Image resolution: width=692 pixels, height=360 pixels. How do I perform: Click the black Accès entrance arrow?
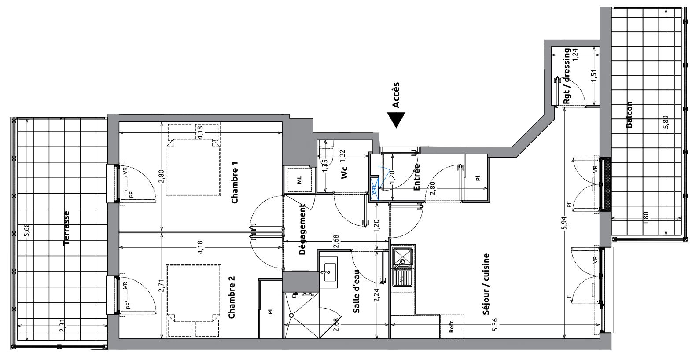coord(396,120)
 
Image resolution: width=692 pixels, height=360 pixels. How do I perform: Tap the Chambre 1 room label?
coord(235,183)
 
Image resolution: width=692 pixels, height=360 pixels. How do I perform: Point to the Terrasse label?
coord(66,228)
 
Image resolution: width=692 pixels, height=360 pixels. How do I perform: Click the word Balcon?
coord(629,114)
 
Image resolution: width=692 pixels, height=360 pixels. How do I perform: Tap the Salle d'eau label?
coord(356,291)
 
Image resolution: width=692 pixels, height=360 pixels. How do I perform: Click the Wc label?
coord(344,173)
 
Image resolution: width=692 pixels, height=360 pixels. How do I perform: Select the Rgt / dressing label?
coord(567,76)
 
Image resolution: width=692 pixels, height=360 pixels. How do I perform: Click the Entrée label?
coord(416,177)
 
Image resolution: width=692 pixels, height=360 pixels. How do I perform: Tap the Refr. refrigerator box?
coord(452,327)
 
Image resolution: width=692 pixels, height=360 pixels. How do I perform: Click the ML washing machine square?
coord(299,180)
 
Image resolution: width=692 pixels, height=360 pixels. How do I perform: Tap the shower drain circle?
coord(291,315)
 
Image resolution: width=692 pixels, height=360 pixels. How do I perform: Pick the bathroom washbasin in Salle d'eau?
coord(328,272)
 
